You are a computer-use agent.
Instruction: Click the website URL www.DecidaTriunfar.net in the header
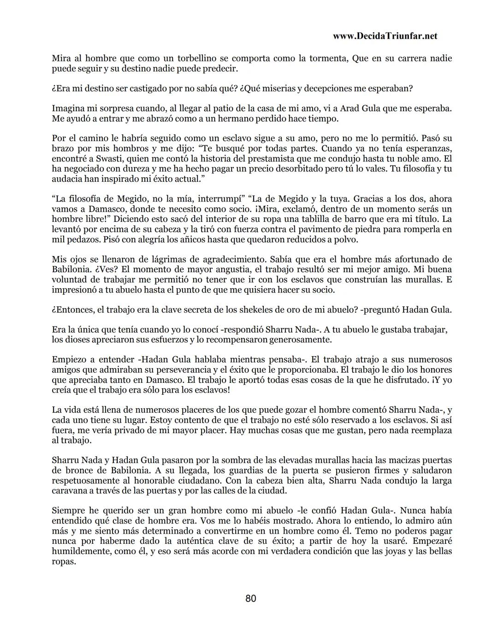pos(385,36)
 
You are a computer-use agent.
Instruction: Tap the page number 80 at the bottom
pos(250,599)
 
